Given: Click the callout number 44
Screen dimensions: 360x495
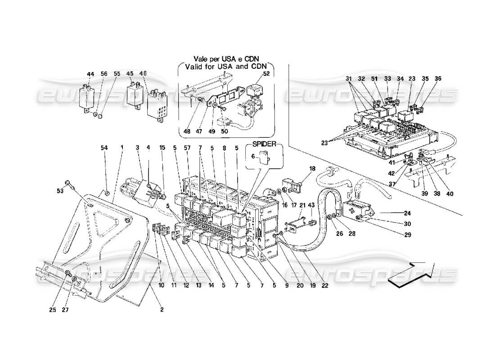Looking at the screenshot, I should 90,74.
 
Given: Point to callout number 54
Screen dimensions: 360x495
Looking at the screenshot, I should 104,148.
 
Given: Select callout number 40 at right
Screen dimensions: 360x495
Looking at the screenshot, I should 450,194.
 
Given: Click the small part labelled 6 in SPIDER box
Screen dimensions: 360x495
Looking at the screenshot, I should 265,157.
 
